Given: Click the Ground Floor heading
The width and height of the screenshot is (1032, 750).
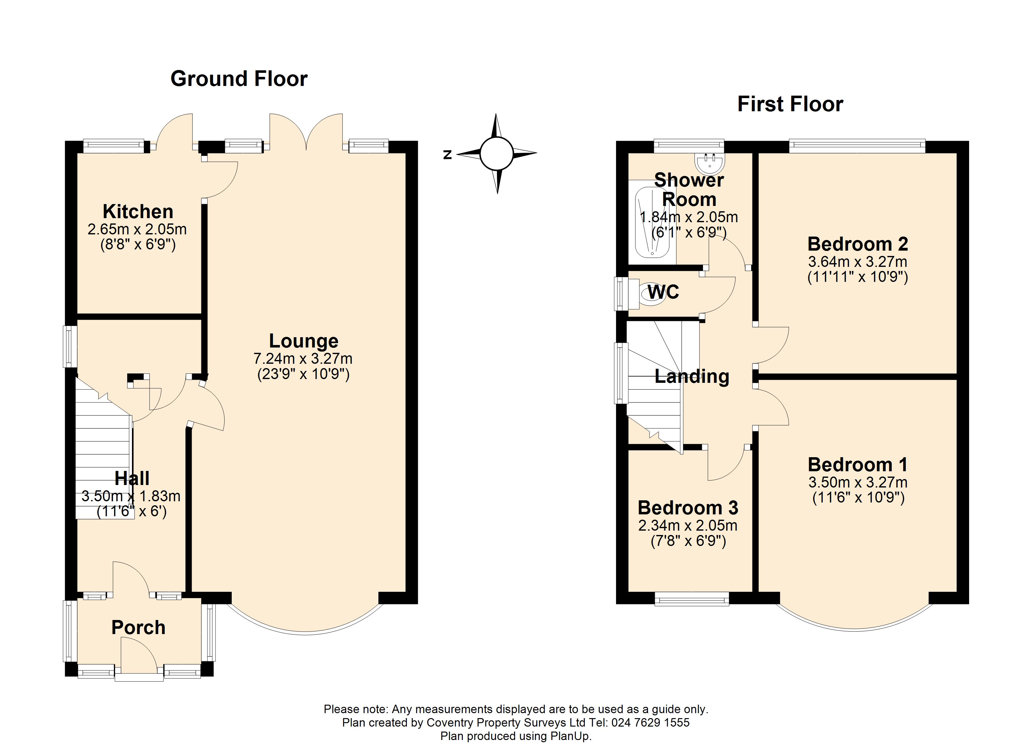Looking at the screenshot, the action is click(239, 79).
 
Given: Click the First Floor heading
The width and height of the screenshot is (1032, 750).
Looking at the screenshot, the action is click(790, 104).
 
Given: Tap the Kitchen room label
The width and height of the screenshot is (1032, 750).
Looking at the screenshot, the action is click(138, 212).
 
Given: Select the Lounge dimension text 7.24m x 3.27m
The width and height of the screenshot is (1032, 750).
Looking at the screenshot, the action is click(303, 359).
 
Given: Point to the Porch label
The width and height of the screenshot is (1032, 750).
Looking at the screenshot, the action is click(138, 627).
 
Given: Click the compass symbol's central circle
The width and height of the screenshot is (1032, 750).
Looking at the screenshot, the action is click(497, 153).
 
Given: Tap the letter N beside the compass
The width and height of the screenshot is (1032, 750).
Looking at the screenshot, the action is click(448, 155).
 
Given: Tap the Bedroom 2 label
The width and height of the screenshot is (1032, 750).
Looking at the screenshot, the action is click(858, 244).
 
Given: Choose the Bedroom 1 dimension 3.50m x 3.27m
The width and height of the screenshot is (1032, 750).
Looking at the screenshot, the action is click(858, 482).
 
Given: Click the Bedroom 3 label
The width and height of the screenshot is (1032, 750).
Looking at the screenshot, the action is click(688, 507).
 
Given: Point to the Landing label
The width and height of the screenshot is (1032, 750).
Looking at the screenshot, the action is click(692, 377).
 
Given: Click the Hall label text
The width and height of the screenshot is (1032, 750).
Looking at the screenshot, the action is click(132, 478).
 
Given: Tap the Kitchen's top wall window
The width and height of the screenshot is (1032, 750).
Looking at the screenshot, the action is click(114, 146).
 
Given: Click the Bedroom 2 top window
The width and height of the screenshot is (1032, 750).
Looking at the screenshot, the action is click(857, 146).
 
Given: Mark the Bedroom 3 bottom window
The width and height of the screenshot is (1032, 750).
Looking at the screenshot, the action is click(692, 598).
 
